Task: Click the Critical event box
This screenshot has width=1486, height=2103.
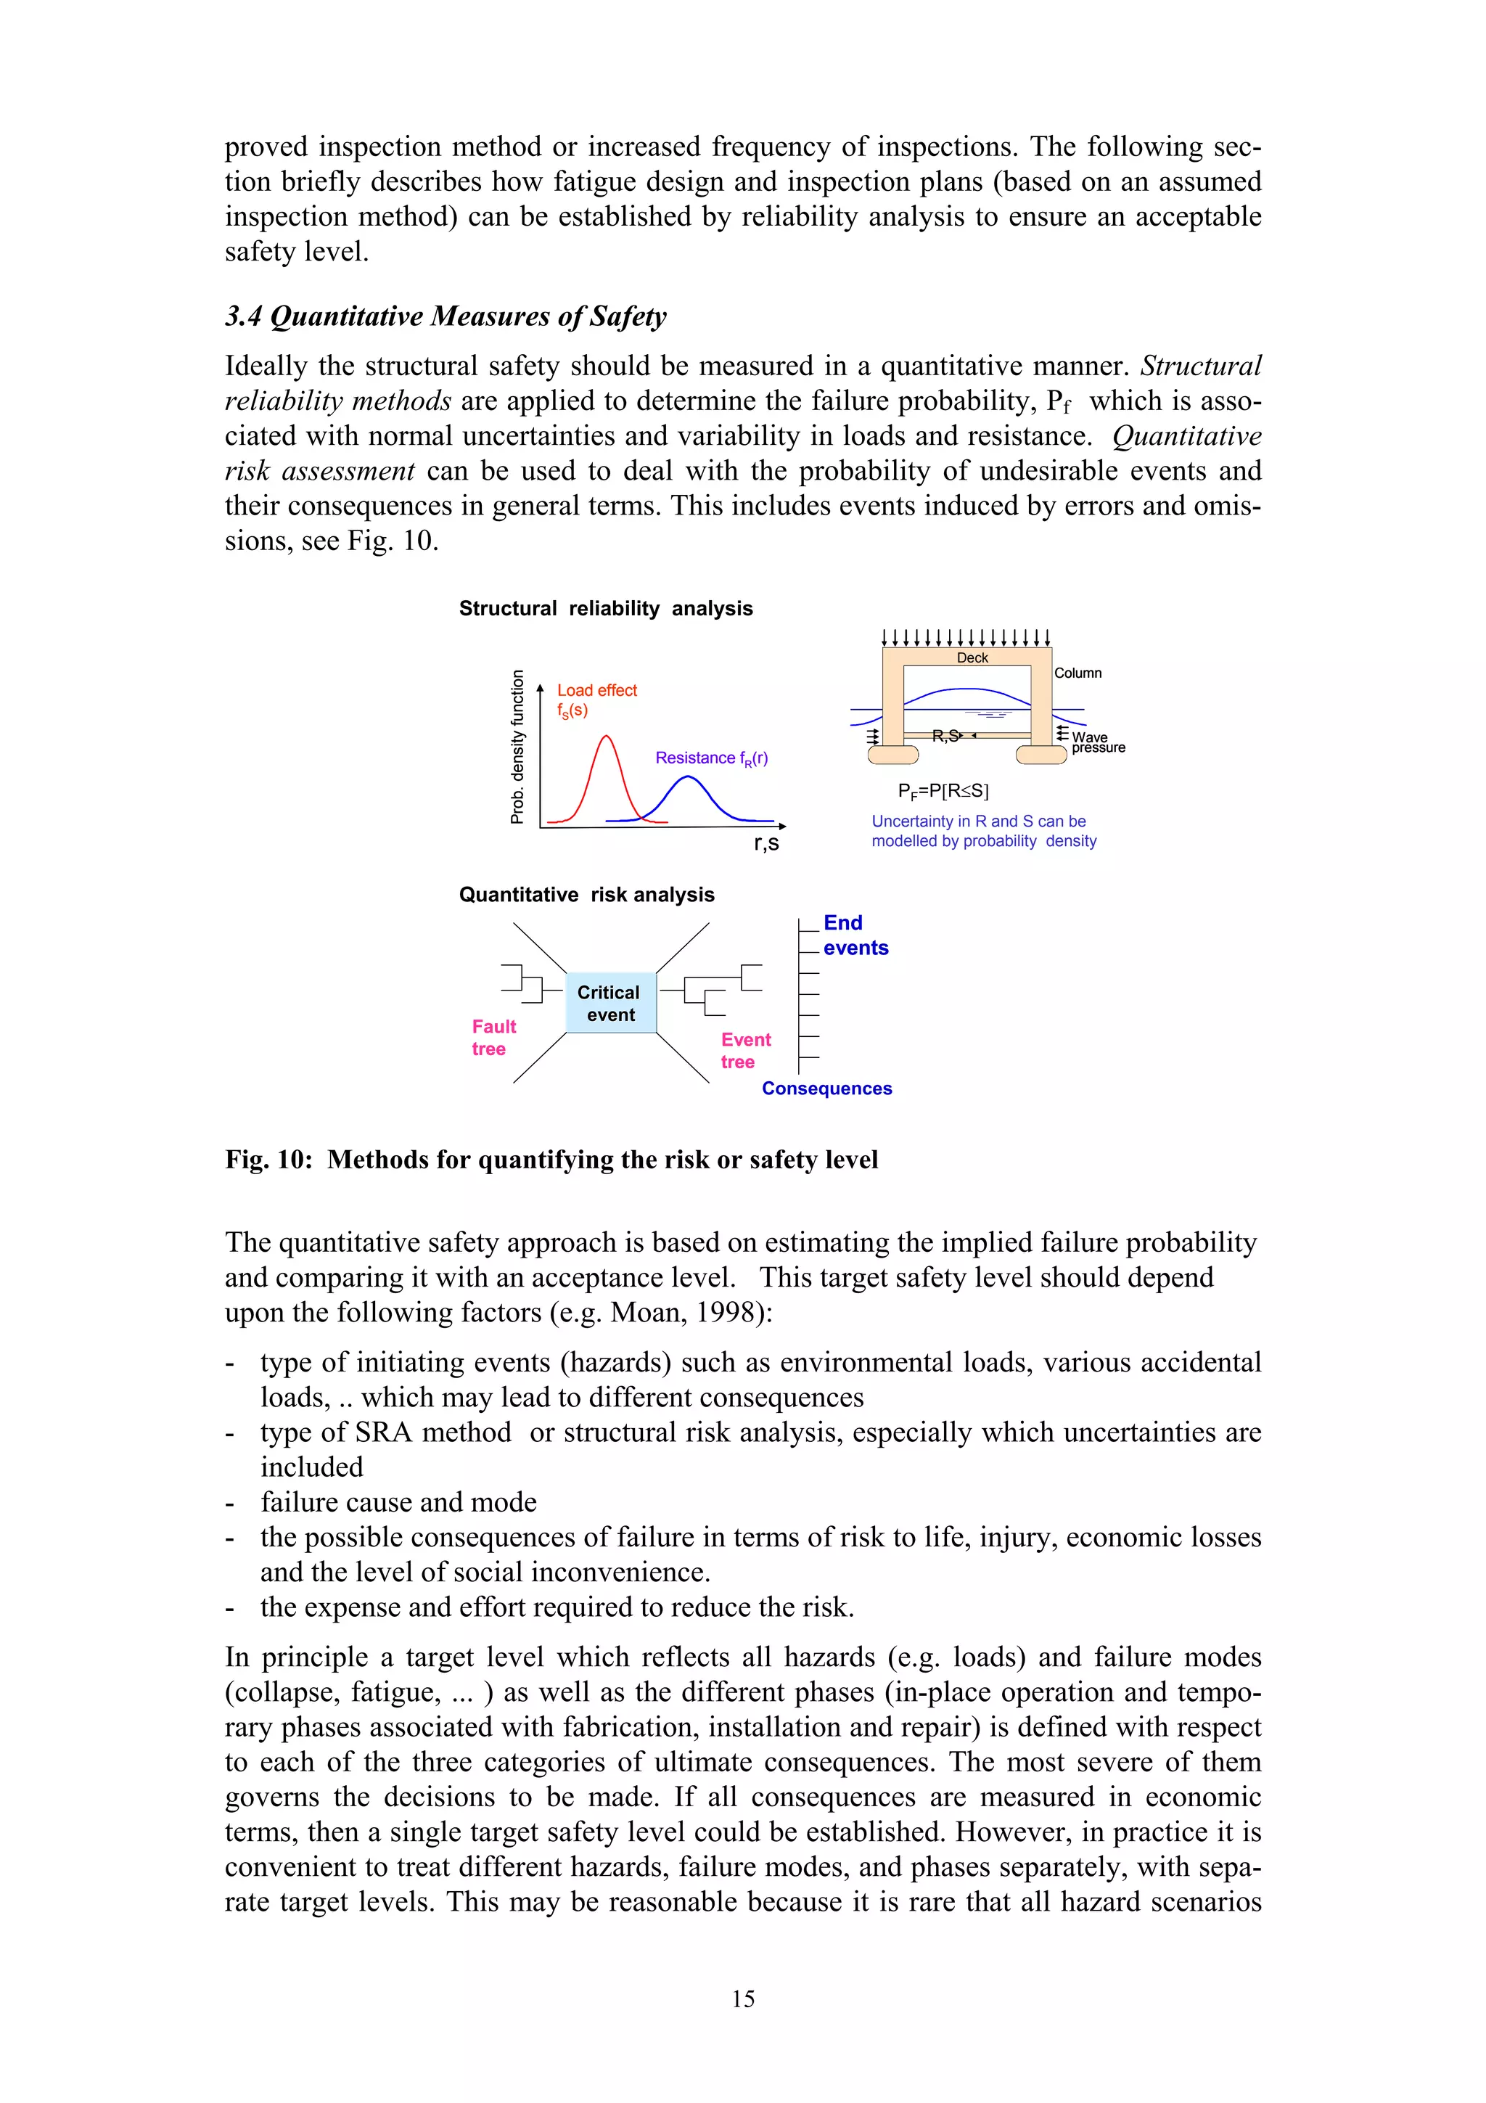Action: point(611,1003)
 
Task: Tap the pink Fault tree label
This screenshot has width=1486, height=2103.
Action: point(493,1038)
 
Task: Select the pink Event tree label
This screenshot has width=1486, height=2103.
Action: point(745,1051)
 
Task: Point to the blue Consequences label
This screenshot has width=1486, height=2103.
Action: point(826,1088)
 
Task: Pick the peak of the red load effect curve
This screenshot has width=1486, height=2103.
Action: point(605,737)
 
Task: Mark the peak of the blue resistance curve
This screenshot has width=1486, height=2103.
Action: point(688,778)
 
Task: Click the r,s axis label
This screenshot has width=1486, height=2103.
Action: point(766,843)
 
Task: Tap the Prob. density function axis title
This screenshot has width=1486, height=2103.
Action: point(517,747)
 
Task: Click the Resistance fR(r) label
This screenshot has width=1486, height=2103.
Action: point(711,758)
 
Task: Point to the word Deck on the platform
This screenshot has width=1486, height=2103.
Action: point(972,657)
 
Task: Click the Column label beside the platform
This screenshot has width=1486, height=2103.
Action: point(1077,673)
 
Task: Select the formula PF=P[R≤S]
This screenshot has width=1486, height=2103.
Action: point(943,790)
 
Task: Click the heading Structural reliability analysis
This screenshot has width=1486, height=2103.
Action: point(605,608)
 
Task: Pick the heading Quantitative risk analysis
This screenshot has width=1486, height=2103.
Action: point(586,895)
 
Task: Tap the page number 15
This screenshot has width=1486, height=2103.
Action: point(742,1999)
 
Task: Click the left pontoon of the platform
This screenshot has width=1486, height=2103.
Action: point(892,755)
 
